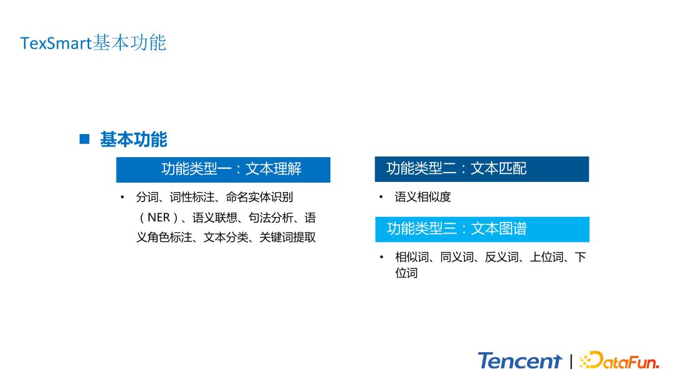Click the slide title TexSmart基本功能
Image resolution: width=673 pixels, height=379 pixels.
(x=93, y=43)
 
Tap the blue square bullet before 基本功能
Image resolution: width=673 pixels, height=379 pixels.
(x=85, y=139)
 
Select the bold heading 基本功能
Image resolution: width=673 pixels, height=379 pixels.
(x=133, y=139)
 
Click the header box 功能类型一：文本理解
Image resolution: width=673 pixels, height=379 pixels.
(x=223, y=169)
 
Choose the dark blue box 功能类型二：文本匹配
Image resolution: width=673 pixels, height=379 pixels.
(x=482, y=169)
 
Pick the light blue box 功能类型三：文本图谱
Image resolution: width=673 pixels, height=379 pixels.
(x=482, y=229)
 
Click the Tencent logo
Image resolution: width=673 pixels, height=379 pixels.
(x=520, y=361)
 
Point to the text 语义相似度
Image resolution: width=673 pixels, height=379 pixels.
(x=422, y=197)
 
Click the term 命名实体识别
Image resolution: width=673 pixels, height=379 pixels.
(x=259, y=197)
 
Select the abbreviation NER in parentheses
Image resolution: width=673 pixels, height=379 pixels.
(x=158, y=218)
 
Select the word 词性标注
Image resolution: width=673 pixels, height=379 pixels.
(x=192, y=197)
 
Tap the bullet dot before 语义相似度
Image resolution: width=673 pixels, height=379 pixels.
(x=381, y=197)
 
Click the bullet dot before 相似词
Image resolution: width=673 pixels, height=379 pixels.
(x=381, y=257)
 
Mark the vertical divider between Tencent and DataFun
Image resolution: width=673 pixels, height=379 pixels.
(x=571, y=362)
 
